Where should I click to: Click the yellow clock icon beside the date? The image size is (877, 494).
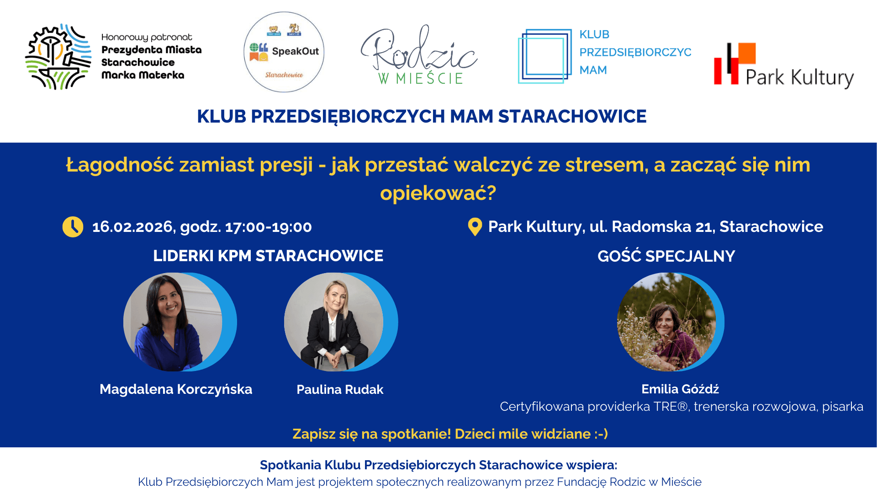(x=73, y=227)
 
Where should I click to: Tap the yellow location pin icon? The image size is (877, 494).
(x=475, y=226)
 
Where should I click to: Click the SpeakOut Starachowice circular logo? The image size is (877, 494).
(x=284, y=52)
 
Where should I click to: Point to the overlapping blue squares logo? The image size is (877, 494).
(x=544, y=56)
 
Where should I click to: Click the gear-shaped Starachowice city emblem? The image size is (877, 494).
(x=58, y=57)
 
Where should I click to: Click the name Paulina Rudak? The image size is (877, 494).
(x=340, y=390)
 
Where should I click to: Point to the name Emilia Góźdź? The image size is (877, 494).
(x=680, y=389)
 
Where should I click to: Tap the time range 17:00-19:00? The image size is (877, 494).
(x=269, y=227)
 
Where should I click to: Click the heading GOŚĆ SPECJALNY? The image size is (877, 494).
(x=666, y=256)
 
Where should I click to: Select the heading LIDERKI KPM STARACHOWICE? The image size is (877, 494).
(x=268, y=256)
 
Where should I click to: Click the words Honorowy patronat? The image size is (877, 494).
(x=147, y=38)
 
